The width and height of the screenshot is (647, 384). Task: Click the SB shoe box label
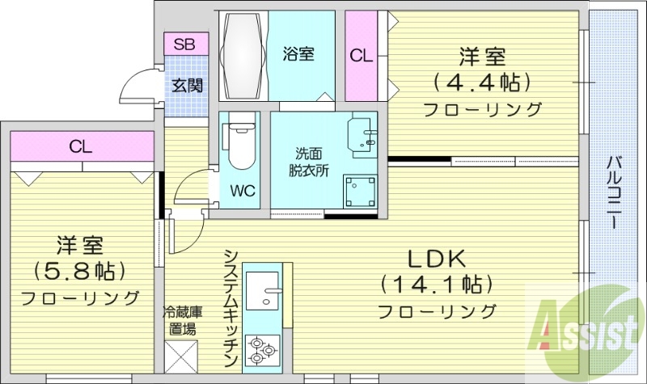tap(186, 43)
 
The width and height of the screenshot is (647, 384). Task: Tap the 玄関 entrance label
tap(187, 84)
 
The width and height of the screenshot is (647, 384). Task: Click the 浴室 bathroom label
tap(298, 54)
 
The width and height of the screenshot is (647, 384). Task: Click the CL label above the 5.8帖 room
tap(80, 147)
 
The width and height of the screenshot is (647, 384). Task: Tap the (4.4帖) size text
tap(483, 82)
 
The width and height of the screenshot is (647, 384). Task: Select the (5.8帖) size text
tap(79, 269)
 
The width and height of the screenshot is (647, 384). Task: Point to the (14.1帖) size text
tap(436, 284)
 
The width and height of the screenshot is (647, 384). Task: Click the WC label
tap(243, 192)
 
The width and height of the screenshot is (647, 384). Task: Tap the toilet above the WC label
tap(240, 146)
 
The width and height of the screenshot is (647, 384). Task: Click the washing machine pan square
tap(357, 192)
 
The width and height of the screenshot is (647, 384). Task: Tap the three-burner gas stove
tap(263, 350)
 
